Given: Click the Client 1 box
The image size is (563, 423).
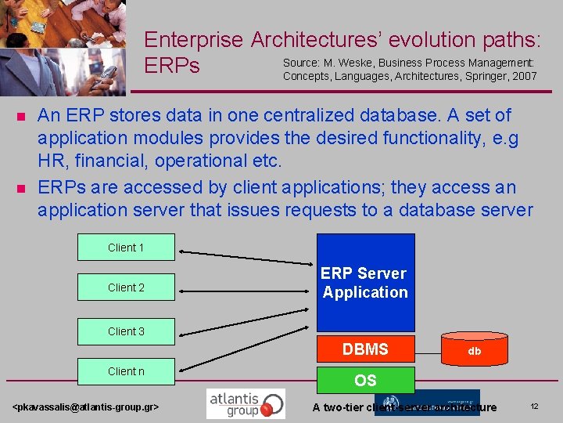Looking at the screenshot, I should point(126,248).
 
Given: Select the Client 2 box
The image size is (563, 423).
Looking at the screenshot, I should point(126,287).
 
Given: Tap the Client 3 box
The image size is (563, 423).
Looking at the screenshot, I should point(126,331).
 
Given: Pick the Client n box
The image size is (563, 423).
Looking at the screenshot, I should point(126,371).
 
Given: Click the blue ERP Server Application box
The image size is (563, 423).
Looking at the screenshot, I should point(365,283).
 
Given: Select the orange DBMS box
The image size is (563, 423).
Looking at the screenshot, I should point(365,349).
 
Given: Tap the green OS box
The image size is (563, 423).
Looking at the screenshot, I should point(365,381).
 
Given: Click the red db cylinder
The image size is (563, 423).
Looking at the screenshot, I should point(474,351).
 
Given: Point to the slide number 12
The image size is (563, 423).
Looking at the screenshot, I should point(535,407).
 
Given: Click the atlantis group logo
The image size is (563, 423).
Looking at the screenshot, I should point(246,404).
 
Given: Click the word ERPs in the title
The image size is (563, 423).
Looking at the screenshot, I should point(172,67).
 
